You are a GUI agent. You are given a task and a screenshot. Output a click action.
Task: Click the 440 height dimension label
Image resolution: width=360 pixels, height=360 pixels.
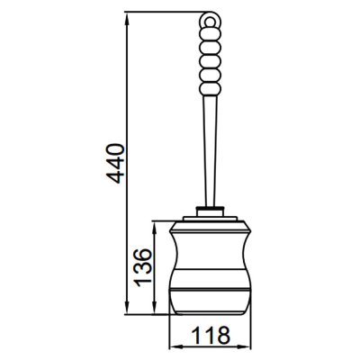pos(115,164)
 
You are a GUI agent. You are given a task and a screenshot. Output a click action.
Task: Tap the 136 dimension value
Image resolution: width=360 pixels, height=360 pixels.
pos(142,267)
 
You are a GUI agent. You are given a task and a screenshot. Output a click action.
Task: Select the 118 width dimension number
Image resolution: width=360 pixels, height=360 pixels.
pos(211,335)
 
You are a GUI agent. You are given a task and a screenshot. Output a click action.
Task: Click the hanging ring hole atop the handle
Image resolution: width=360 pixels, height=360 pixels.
pos(211,22)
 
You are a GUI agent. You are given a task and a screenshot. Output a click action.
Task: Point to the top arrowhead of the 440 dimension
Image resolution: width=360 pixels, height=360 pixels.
pos(127,18)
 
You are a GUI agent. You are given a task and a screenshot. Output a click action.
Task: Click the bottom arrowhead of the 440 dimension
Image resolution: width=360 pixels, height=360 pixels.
pos(127,309)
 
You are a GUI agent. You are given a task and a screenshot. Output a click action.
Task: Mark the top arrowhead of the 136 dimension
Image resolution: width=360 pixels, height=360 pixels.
pos(154,228)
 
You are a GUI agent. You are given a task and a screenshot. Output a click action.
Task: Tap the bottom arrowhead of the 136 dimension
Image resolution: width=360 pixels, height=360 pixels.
pos(154,309)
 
